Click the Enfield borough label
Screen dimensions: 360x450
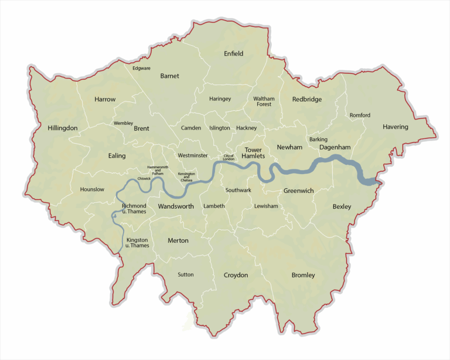233,54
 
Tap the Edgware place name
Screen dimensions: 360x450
141,69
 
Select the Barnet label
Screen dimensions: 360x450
169,76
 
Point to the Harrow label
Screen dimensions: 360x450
105,100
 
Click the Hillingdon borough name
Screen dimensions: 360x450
63,128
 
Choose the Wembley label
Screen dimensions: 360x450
123,124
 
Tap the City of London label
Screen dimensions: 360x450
228,158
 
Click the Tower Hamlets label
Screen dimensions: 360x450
253,153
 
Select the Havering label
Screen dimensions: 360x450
396,127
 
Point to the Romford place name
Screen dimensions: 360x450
360,115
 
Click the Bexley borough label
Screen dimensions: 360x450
342,207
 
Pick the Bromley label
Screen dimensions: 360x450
303,275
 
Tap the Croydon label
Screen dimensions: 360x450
236,275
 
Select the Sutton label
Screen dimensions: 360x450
185,274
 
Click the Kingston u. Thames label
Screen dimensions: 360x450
137,243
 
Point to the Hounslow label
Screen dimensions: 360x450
92,189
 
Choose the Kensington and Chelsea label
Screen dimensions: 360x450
186,177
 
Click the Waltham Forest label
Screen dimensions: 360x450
264,101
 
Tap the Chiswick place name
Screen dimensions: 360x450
144,178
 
